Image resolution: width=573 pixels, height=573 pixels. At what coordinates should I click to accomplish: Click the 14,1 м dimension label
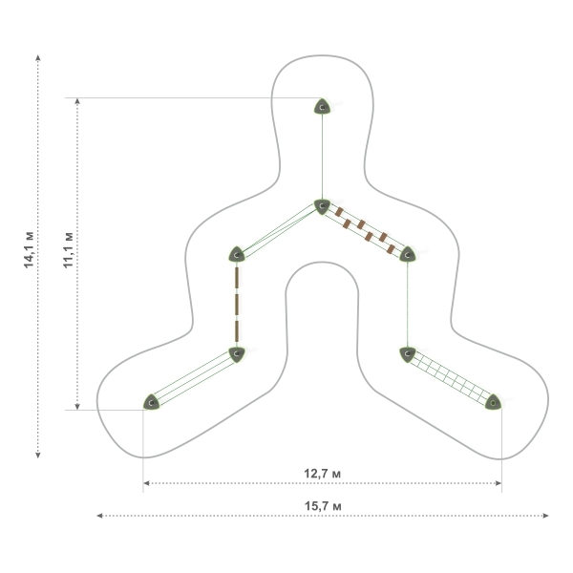click(29, 249)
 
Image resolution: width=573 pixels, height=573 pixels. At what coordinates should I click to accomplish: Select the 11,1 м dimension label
click(69, 249)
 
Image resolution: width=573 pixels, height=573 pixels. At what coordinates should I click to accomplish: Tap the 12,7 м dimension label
click(323, 474)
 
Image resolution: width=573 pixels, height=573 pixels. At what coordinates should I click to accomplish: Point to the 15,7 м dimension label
click(323, 506)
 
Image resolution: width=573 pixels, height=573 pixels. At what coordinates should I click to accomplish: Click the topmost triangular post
click(323, 106)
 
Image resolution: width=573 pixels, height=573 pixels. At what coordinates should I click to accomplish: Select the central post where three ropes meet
click(322, 206)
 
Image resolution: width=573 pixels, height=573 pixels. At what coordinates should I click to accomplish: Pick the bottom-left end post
click(151, 402)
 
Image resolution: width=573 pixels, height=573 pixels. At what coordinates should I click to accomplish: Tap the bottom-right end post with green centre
click(493, 402)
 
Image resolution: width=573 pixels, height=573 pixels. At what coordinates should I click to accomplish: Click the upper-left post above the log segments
click(237, 254)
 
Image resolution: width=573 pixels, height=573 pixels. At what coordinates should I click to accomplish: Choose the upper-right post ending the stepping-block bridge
click(408, 254)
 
